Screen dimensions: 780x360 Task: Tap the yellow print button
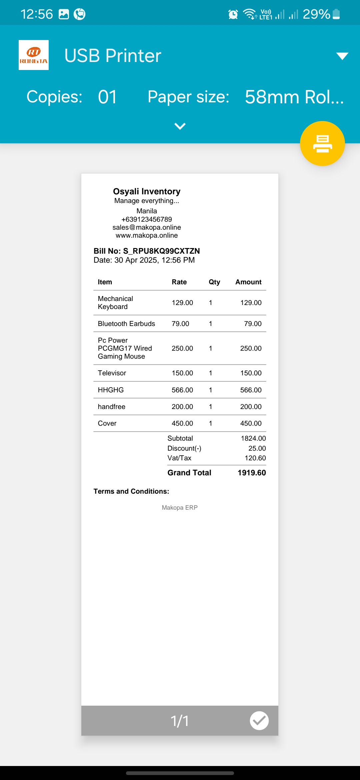[x=322, y=143]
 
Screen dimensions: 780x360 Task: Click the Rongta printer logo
[x=34, y=55]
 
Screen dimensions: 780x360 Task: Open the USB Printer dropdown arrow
[x=342, y=56]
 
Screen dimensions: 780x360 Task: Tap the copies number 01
[x=107, y=97]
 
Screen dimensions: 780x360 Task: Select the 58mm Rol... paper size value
[x=294, y=97]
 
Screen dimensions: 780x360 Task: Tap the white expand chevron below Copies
[x=180, y=126]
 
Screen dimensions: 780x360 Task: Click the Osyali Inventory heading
[x=147, y=191]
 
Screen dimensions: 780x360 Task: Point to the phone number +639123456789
[x=147, y=219]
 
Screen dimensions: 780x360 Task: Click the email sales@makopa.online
[x=147, y=227]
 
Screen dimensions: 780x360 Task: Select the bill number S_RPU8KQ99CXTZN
[x=161, y=251]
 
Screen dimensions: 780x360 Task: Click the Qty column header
[x=214, y=282]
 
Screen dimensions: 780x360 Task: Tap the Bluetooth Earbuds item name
[x=126, y=324]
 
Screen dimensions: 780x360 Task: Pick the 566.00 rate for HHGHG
[x=182, y=390]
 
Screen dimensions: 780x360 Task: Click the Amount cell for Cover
[x=251, y=423]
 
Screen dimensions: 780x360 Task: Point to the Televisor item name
[x=112, y=373]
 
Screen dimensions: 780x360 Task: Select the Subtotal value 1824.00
[x=253, y=438]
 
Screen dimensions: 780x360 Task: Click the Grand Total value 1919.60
[x=252, y=473]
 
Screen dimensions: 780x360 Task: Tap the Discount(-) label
[x=184, y=448]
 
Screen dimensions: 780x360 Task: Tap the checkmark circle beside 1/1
[x=259, y=721]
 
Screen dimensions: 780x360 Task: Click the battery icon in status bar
[x=336, y=14]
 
